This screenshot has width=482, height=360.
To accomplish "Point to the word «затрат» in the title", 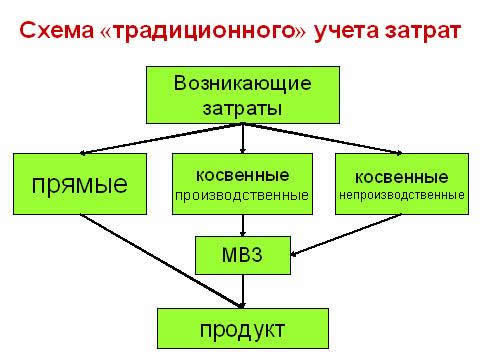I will click(422, 30).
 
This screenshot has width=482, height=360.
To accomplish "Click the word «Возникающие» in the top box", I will click(242, 81).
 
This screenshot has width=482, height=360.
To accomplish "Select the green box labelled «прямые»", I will click(80, 184).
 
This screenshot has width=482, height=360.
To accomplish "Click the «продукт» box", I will click(243, 328).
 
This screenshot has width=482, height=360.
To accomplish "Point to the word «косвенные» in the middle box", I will click(243, 174).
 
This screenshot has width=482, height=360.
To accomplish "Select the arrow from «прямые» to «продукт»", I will click(160, 260).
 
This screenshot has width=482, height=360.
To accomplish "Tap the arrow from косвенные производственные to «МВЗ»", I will click(243, 225).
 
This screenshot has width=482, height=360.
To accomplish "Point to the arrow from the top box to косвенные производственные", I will click(243, 138).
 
